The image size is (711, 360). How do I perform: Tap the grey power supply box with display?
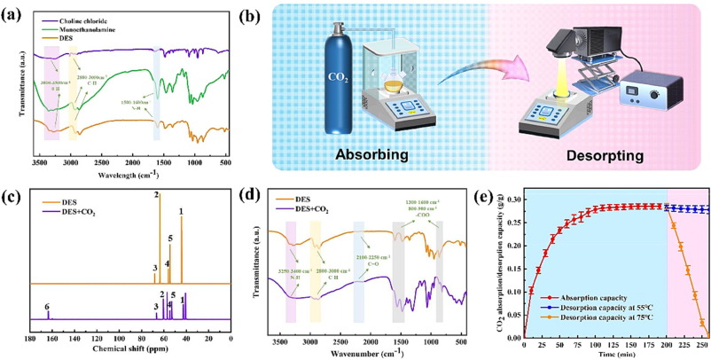pos(652,91)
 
